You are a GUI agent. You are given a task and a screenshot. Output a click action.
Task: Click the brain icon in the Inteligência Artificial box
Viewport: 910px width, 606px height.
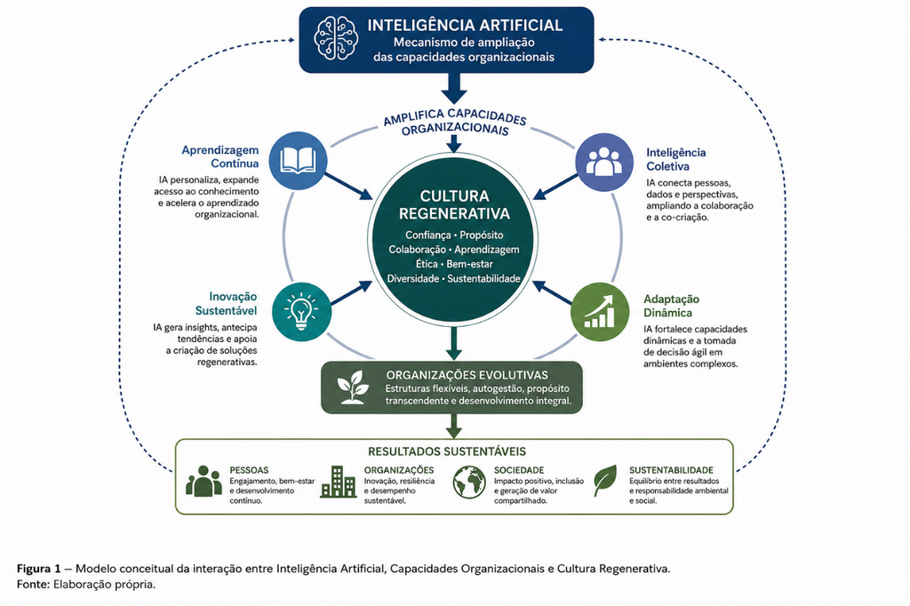coord(336,38)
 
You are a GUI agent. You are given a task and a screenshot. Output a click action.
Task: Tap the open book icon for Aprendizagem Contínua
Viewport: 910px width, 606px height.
coord(299,161)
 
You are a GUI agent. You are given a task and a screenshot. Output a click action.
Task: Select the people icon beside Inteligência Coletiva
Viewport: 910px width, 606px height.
coord(603,162)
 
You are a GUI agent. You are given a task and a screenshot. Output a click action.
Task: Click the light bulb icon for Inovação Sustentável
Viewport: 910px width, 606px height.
coord(300,311)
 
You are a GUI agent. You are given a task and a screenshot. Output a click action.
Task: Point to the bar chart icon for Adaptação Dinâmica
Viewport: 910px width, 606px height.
coord(600,312)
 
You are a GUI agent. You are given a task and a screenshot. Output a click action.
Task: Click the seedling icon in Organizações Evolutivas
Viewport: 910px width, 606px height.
coord(353,387)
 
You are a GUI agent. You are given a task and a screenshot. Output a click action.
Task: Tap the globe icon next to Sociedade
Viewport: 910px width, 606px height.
coord(469,482)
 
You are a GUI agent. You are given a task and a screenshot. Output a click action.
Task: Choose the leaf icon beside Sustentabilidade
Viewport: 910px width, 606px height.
coord(605,480)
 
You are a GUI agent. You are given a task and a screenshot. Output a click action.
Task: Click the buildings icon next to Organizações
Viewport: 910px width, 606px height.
coord(338,482)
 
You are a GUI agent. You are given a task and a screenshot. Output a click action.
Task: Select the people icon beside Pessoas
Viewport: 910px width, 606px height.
coord(204,481)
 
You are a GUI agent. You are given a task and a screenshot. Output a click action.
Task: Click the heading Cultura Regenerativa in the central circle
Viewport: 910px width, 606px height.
coord(454,204)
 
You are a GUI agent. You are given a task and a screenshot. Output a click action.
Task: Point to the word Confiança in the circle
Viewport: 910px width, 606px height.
coord(427,235)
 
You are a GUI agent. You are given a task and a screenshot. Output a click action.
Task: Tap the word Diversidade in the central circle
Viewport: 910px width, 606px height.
coord(412,279)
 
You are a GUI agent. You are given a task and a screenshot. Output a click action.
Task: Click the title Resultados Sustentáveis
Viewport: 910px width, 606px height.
coord(447,451)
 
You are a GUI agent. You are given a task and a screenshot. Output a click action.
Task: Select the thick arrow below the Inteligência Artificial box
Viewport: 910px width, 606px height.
coord(454,88)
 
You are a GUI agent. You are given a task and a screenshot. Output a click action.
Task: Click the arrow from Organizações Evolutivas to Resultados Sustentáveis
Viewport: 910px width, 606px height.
coord(454,426)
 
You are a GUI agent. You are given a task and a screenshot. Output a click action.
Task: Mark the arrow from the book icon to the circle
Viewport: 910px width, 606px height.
coord(348,187)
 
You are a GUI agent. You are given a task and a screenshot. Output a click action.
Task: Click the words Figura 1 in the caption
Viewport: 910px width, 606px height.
coord(38,569)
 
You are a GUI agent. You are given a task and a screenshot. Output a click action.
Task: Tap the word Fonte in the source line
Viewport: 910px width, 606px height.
coord(34,584)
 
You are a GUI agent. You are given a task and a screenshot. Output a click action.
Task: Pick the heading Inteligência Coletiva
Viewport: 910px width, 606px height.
coord(675,159)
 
